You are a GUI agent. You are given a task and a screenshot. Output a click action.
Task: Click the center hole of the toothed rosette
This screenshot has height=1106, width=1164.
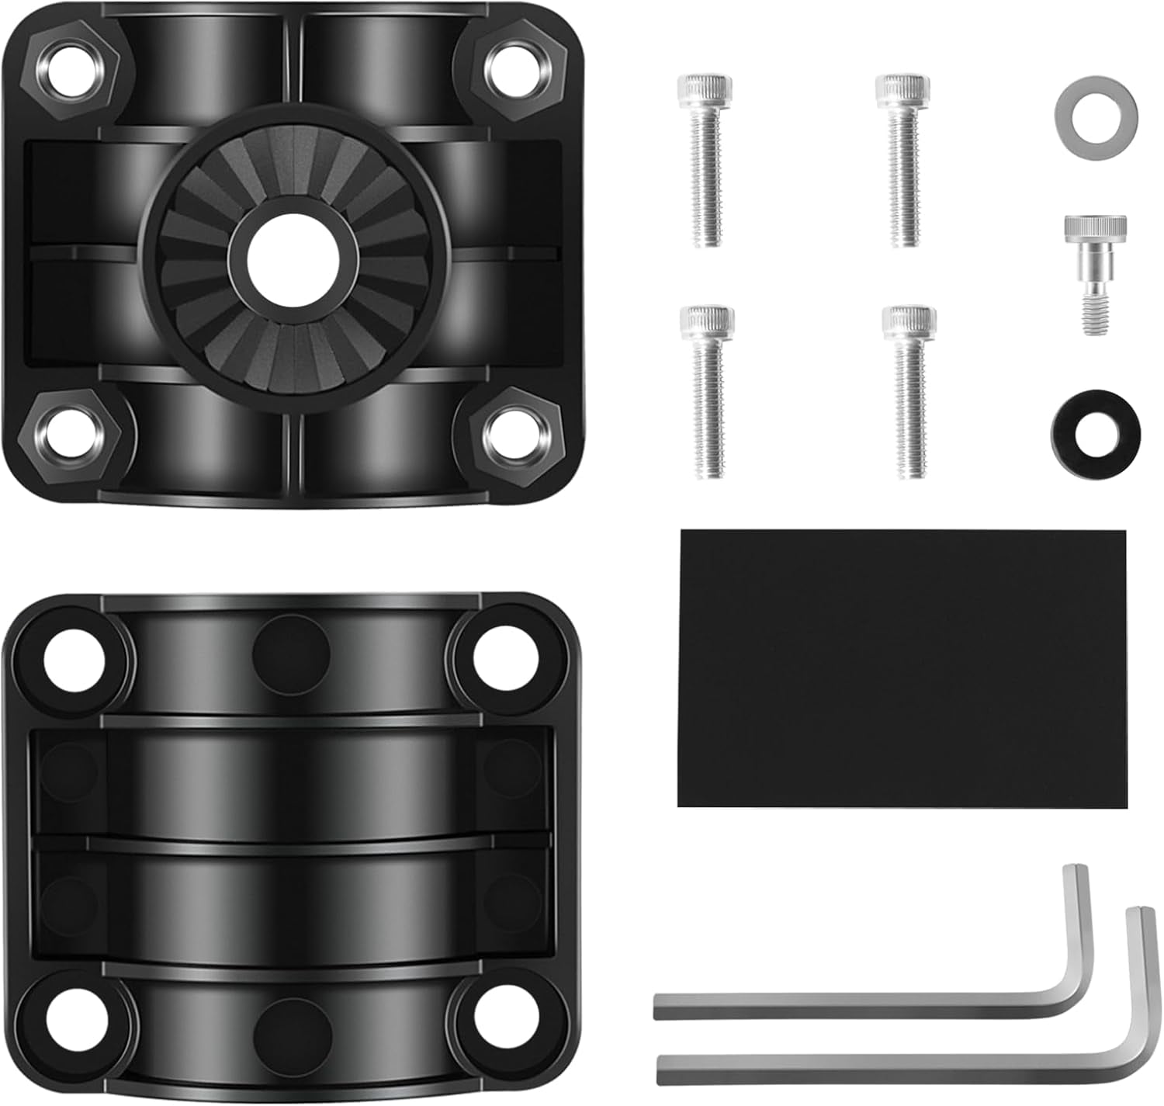click(x=293, y=260)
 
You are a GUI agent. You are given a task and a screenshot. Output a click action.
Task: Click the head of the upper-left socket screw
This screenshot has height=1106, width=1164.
click(x=704, y=90)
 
